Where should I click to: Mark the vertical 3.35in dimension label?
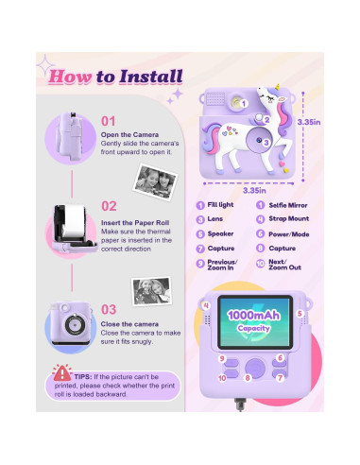[x=333, y=122]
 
